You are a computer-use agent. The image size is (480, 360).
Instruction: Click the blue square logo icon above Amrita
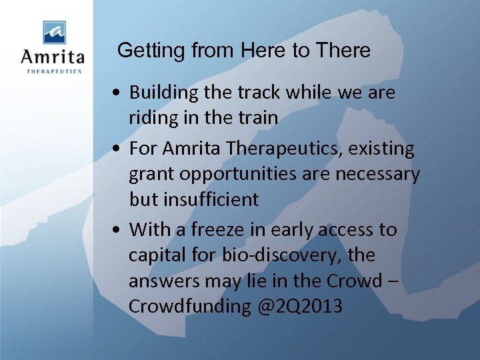coord(55,32)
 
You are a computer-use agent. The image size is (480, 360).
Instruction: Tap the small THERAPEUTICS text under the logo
coord(53,71)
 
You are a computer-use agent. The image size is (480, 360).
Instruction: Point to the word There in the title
coord(343,51)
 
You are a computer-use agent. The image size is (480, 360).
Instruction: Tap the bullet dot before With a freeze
coord(117,230)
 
